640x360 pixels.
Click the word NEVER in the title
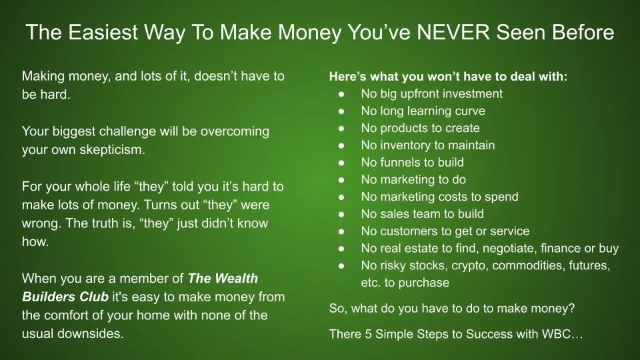click(453, 32)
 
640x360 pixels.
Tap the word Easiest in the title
click(103, 32)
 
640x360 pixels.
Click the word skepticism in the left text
click(112, 150)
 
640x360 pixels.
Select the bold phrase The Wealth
click(223, 279)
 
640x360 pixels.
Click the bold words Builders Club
click(65, 297)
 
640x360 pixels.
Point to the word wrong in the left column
click(39, 224)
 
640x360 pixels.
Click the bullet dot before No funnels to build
click(341, 163)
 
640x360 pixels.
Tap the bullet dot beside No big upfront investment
click(341, 94)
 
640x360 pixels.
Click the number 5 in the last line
click(368, 334)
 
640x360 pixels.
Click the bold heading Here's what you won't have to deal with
click(448, 77)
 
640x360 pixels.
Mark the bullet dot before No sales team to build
click(341, 214)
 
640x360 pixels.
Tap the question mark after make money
click(571, 308)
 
